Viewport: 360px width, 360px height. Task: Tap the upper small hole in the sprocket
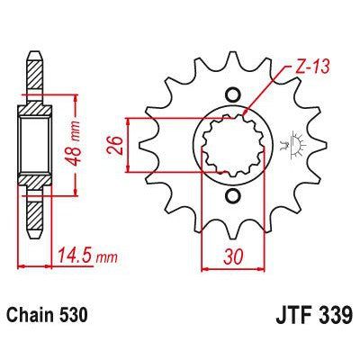pyautogui.click(x=233, y=94)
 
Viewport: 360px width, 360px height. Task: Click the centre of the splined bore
pyautogui.click(x=233, y=144)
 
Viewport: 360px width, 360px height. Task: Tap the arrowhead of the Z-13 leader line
pyautogui.click(x=247, y=113)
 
